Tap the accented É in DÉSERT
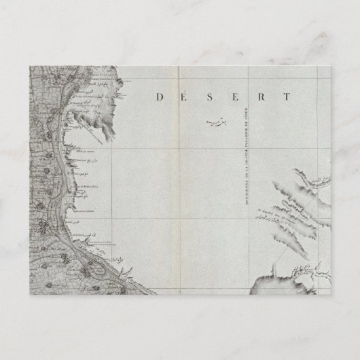click(183, 97)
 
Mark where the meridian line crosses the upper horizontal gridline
click(249, 149)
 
